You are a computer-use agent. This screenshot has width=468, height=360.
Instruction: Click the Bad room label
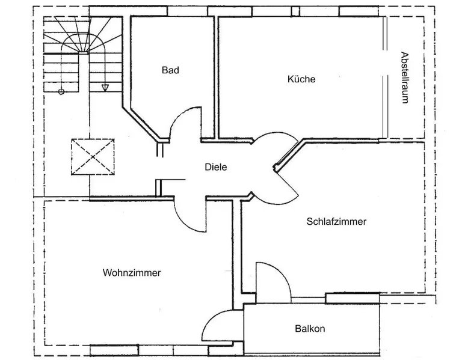(170, 70)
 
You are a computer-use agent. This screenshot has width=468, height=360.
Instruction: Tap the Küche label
(301, 79)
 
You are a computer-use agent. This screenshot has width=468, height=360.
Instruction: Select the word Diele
(216, 167)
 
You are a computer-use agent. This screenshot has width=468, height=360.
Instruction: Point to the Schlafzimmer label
(336, 222)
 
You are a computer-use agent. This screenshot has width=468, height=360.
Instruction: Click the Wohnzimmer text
(132, 273)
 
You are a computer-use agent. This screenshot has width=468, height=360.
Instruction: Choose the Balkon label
(310, 329)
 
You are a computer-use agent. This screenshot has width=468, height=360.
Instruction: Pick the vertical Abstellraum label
(404, 78)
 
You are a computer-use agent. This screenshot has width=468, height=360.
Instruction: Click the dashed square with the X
(93, 157)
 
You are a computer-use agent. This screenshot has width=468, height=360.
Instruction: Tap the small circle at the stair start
(61, 92)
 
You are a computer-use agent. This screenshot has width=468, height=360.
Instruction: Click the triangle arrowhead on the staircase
(105, 87)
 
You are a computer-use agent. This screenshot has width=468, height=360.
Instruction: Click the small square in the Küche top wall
(295, 11)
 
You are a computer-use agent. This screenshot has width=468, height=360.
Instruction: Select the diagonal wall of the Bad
(142, 123)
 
